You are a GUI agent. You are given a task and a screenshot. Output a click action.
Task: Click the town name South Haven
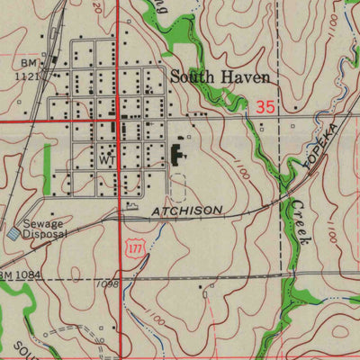tap(219, 78)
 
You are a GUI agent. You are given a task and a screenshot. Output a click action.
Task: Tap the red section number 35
tap(264, 106)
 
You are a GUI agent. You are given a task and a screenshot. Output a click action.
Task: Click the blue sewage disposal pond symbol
tap(13, 233)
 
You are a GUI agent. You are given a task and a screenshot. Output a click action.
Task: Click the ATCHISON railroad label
tap(186, 210)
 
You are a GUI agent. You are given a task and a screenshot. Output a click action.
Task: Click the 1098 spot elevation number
tap(106, 283)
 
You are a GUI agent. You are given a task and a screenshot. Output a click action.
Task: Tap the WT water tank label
tap(109, 159)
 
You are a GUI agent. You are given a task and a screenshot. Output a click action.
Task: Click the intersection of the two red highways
tap(120, 119)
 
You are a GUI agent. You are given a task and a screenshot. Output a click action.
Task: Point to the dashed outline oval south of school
tap(178, 187)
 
